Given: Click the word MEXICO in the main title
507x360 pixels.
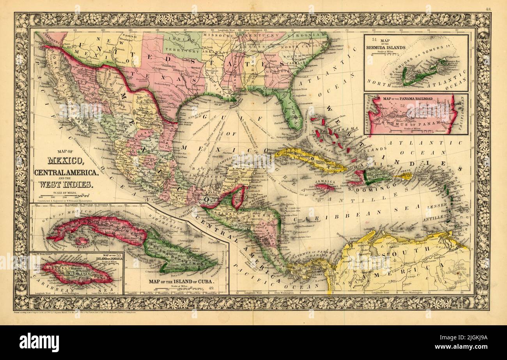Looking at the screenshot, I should pos(65,160).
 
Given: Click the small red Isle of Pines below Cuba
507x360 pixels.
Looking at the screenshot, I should pos(82,241).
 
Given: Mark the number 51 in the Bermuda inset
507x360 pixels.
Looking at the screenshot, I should pos(374,39).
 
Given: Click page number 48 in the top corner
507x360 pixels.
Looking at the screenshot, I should pos(488,8).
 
